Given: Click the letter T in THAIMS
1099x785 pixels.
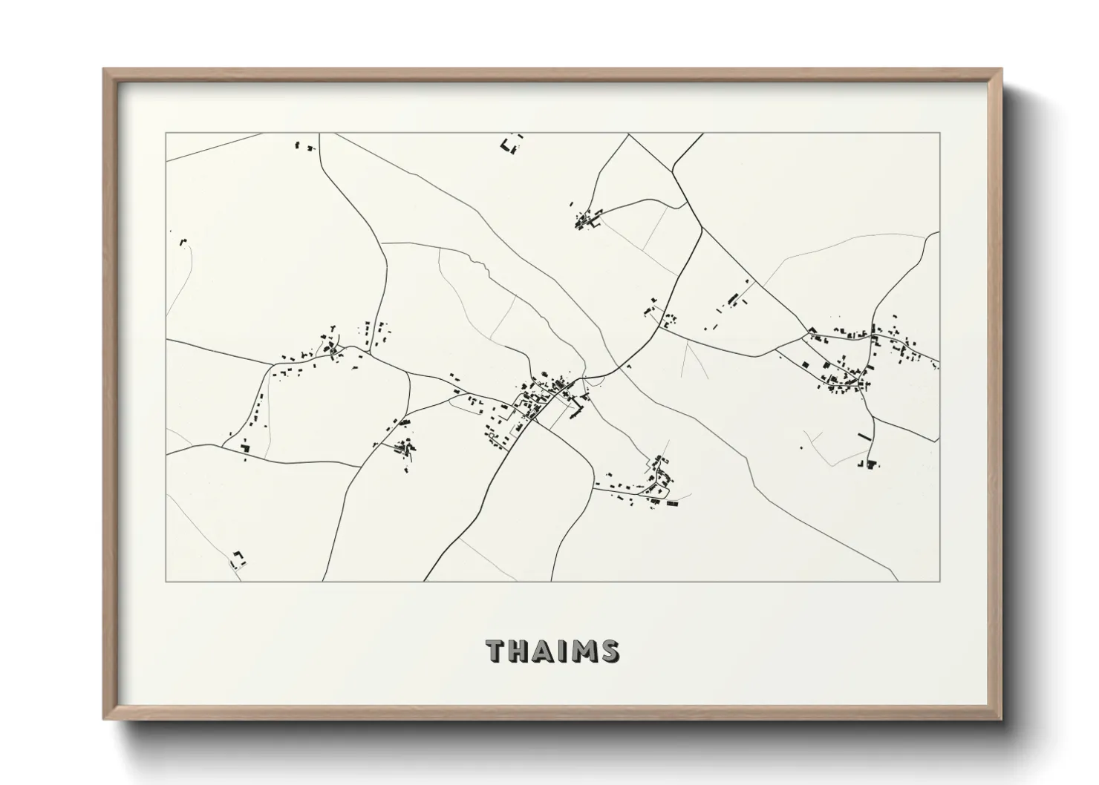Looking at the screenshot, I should (496, 651).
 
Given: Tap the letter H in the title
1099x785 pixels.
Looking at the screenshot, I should (520, 651).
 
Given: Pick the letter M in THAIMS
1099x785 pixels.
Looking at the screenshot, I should (583, 651).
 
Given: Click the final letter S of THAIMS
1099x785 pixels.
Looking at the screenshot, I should (609, 651).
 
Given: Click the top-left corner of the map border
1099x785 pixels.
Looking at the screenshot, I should (166, 134).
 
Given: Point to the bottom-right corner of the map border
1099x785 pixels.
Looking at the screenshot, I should (940, 581).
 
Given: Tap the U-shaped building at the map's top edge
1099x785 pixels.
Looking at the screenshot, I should (510, 145).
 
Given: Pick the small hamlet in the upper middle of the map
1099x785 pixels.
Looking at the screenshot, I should (587, 220).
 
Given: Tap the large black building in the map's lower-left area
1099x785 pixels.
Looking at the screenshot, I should (246, 446).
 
